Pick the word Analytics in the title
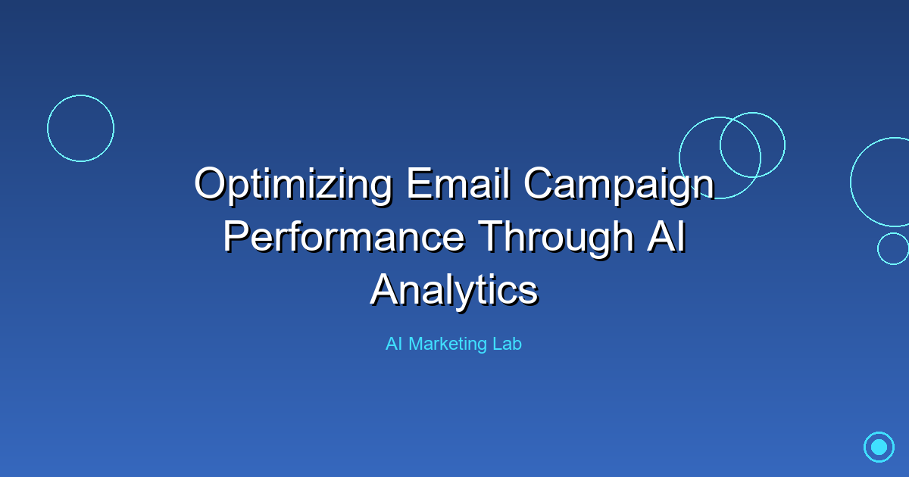(454, 289)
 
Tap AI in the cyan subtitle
(394, 344)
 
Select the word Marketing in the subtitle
(448, 344)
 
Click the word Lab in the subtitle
(508, 344)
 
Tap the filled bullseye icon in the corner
(879, 447)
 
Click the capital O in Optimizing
(210, 184)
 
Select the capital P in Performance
(236, 236)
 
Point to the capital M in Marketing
(415, 344)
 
